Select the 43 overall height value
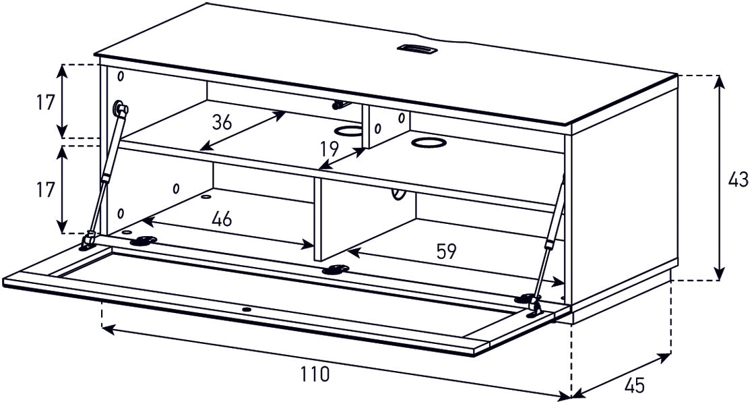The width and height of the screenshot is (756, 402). tap(738, 180)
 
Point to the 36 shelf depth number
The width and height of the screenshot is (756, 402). tap(222, 122)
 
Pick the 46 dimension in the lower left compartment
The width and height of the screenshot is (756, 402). tap(222, 219)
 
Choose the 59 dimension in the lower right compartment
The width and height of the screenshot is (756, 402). tap(445, 252)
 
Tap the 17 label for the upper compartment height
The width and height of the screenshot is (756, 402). tap(45, 103)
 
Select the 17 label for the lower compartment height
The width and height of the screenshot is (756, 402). tap(45, 190)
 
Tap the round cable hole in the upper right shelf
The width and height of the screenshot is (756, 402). tap(425, 142)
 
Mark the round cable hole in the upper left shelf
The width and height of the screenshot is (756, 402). tap(348, 130)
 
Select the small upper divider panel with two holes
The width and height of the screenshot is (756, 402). tap(385, 126)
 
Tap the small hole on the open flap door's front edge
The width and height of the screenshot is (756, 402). tap(247, 310)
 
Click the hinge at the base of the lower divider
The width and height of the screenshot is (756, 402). tap(335, 270)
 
